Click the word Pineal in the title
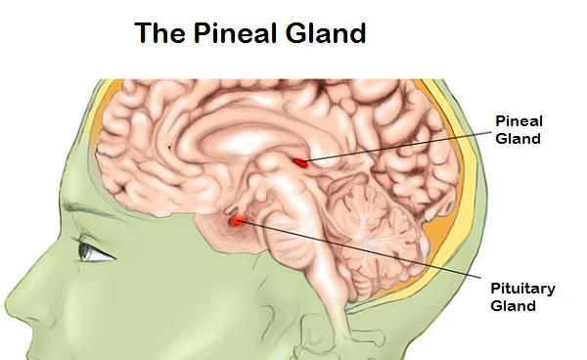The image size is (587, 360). pos(236,33)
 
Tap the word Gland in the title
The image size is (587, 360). pos(326,33)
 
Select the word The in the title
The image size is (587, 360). pos(159,33)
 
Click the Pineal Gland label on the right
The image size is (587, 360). pos(519,130)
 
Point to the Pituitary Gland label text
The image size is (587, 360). pos(522,297)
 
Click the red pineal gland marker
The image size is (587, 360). pos(300,162)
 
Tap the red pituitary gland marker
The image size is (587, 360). pos(237,221)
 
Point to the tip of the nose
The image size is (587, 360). pos(8,301)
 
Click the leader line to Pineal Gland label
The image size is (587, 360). pos(398,147)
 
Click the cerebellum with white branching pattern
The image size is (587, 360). pos(375,236)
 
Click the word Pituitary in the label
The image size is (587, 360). pos(522,289)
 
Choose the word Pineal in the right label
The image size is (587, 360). pos(519,121)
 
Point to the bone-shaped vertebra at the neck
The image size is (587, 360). pos(369,335)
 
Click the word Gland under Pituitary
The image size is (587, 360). pos(513,306)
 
